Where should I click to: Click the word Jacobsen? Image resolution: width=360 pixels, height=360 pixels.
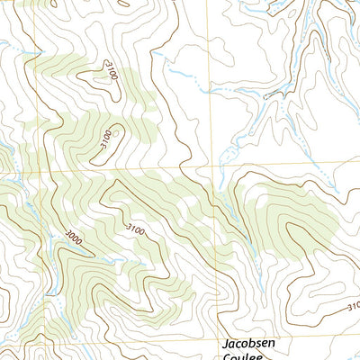point(251,343)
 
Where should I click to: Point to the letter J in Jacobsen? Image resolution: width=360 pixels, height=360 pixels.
point(226,343)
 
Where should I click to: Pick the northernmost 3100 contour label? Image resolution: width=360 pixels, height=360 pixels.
point(111,69)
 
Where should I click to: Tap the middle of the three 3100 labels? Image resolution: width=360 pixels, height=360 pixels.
point(106,139)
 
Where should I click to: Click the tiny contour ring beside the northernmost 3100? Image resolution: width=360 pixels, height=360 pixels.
point(90,76)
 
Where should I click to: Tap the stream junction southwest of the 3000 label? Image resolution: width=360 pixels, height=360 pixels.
point(49,270)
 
